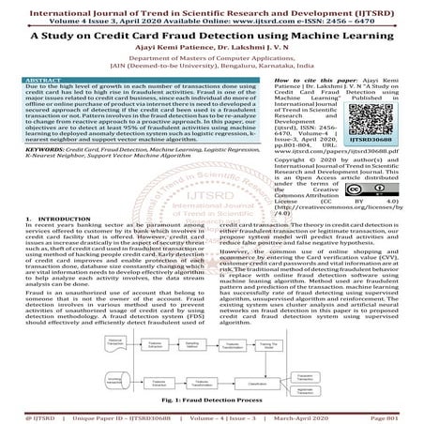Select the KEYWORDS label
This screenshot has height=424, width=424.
pyautogui.click(x=43, y=148)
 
